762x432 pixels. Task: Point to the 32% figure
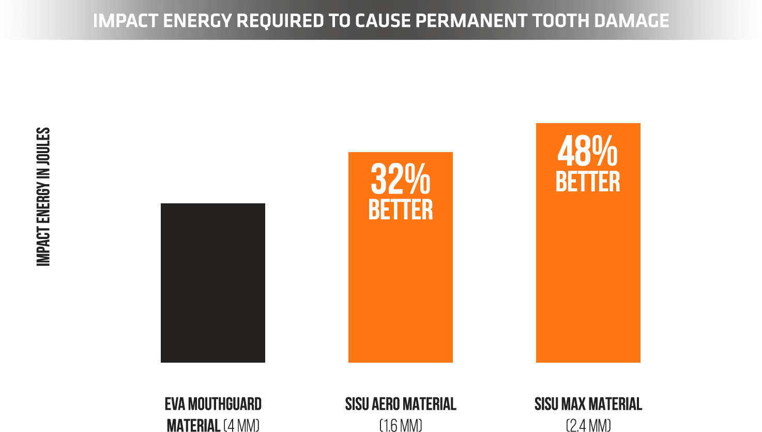[x=400, y=180]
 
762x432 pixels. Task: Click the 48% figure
[x=587, y=151]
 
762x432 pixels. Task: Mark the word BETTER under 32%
[x=401, y=210]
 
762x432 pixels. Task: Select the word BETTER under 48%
[x=588, y=182]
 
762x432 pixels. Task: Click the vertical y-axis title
[x=43, y=197]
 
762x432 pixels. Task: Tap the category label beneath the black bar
[x=213, y=414]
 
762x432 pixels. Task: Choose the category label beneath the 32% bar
[x=400, y=414]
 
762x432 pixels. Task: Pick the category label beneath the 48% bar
[x=588, y=414]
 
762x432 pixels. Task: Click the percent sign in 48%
[x=605, y=151]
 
